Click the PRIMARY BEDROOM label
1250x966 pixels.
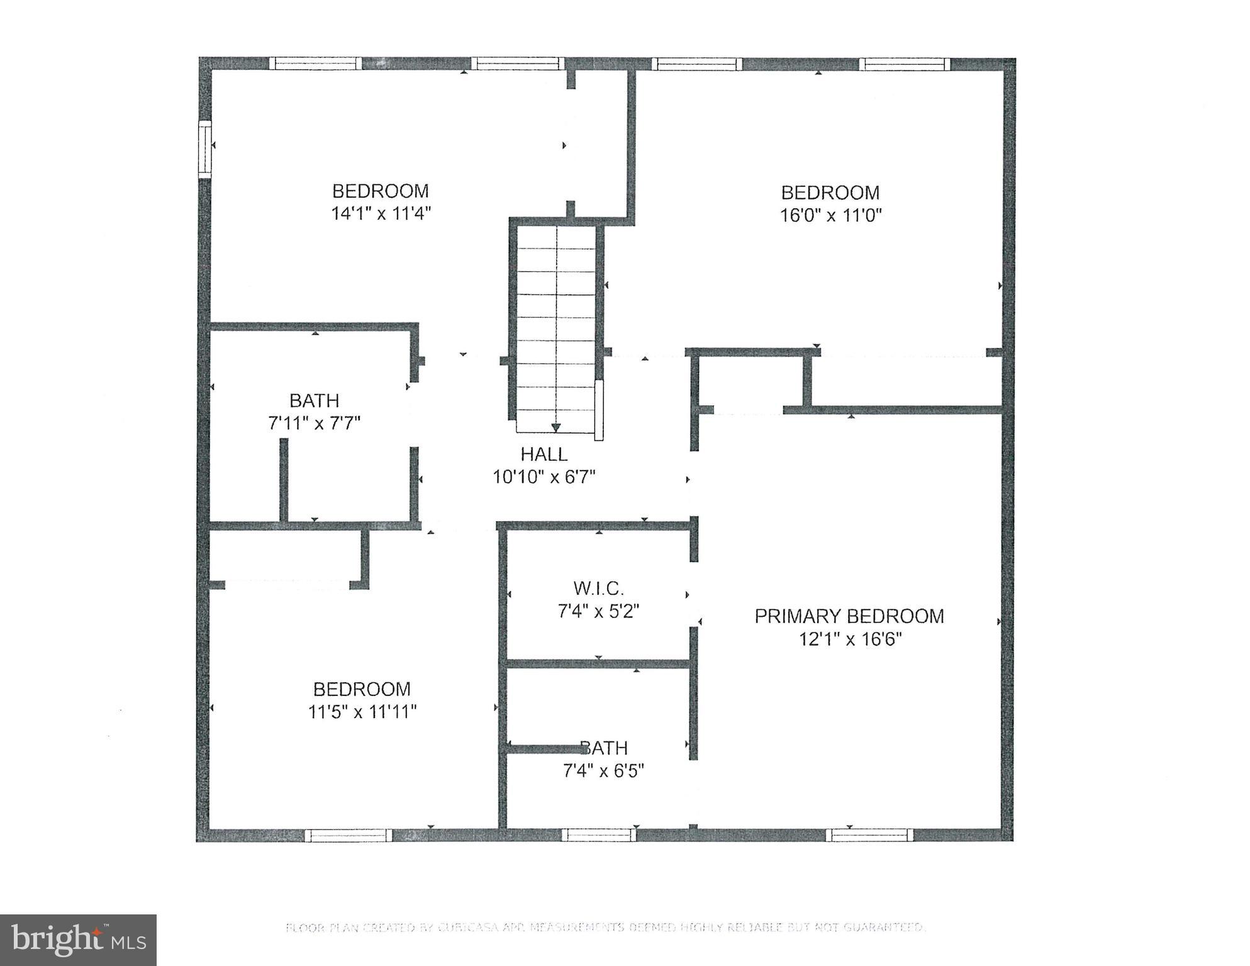point(849,616)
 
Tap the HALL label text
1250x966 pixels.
point(544,454)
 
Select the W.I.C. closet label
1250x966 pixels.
point(598,588)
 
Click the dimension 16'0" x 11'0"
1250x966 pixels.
point(830,215)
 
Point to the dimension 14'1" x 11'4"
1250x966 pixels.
point(381,213)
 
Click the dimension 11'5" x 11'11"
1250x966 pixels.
point(362,712)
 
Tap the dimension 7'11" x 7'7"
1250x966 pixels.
point(314,423)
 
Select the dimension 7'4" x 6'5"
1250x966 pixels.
point(603,770)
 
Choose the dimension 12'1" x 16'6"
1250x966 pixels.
point(850,639)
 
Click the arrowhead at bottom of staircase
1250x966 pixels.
point(555,428)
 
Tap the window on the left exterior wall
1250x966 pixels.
point(205,149)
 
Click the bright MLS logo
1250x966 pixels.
point(78,940)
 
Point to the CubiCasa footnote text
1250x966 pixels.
point(605,927)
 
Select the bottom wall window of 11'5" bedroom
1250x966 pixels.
point(348,835)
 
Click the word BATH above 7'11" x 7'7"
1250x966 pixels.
point(314,400)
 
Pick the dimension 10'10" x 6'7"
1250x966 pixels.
point(544,477)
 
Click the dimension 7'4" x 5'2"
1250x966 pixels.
point(598,611)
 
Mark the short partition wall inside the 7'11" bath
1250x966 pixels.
point(284,480)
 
